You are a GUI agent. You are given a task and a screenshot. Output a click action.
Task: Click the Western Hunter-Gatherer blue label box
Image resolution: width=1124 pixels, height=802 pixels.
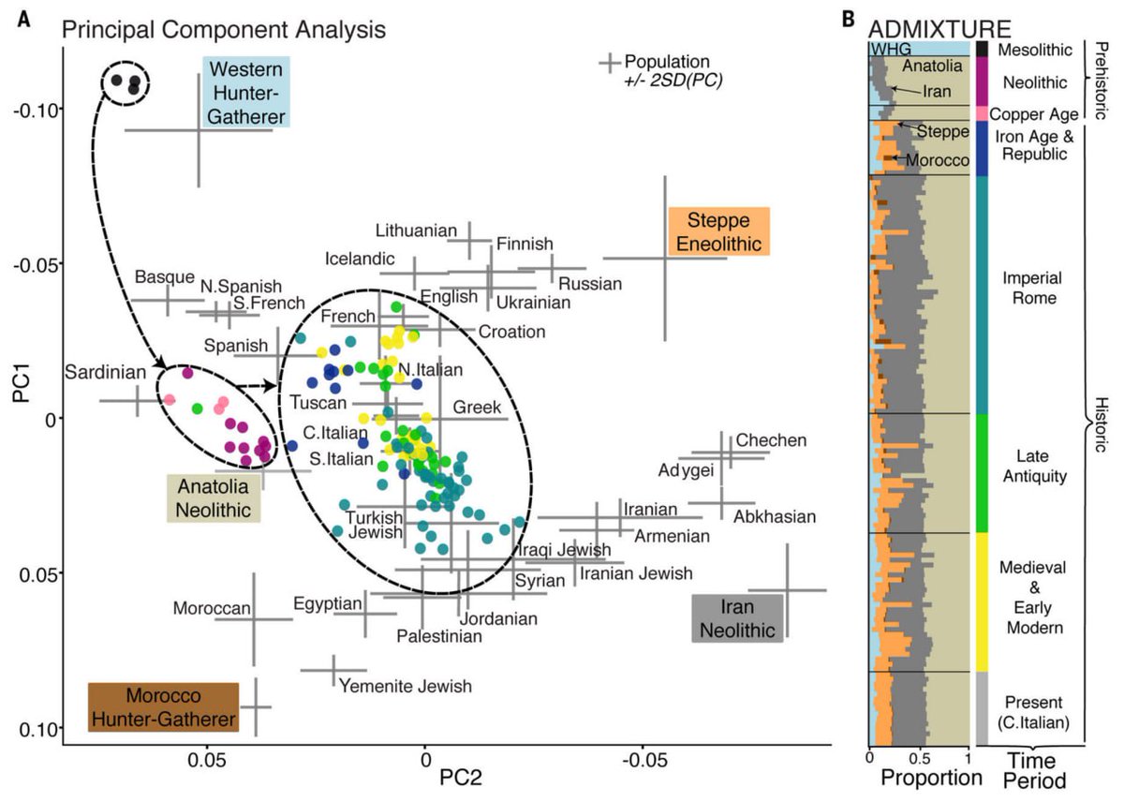(246, 92)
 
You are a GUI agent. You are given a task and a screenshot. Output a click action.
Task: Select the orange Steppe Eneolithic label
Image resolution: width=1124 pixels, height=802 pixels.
(719, 231)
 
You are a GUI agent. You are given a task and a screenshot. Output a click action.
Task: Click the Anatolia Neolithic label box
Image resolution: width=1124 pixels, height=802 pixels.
(213, 498)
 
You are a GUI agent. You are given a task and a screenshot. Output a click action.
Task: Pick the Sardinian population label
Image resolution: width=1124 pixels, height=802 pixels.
(106, 373)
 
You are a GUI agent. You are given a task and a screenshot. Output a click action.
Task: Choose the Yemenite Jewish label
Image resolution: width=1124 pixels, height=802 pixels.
(405, 686)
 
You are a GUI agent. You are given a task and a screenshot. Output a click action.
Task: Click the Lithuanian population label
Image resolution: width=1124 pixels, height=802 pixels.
(416, 230)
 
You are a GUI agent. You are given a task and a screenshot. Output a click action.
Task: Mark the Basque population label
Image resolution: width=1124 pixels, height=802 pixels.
(164, 277)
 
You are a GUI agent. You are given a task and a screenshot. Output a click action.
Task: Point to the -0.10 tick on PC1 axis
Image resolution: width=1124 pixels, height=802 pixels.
(36, 109)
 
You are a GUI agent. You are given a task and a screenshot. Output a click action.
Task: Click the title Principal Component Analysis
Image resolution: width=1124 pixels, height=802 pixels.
(224, 29)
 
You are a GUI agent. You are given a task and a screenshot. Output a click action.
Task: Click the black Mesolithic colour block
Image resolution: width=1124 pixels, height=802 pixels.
(983, 48)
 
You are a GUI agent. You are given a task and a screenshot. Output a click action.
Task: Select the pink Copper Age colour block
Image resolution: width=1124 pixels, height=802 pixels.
(983, 113)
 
